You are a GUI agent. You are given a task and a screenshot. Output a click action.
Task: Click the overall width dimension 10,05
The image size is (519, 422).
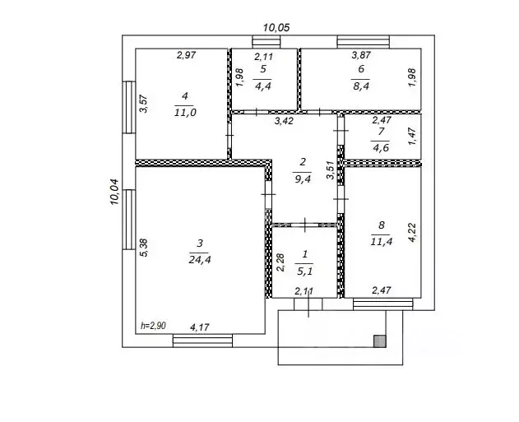coord(276,28)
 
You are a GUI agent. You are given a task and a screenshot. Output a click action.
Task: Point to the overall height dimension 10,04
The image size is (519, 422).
coord(114,192)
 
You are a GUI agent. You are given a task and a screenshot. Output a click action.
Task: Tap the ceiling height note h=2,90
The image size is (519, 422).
coord(153,326)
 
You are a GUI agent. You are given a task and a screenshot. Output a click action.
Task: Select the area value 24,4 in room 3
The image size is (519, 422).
coord(200,260)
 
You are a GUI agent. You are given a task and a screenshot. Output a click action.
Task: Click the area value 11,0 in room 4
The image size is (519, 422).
coord(185,113)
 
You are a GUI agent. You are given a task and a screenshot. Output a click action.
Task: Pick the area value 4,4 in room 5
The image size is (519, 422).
coord(263,86)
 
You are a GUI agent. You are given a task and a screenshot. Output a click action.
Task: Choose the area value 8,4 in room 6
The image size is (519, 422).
coord(361,86)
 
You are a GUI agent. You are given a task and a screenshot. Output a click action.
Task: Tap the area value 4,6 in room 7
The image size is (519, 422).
coord(381,147)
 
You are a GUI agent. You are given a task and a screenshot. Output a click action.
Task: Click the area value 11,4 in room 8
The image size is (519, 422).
coord(382,242)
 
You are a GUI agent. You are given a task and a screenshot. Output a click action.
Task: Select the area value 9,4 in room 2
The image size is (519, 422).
coord(303,179)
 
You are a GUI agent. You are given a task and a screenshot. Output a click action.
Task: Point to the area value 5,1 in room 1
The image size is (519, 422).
coord(304,271)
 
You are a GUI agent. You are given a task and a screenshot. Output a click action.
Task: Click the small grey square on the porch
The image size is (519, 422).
coord(380,341)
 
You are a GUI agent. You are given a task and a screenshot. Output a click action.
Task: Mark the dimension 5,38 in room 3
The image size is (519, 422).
coord(144,248)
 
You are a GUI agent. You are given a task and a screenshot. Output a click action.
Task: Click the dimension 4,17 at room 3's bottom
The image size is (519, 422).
coord(200,327)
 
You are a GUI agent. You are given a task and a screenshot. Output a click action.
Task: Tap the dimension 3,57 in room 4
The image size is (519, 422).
coord(144,104)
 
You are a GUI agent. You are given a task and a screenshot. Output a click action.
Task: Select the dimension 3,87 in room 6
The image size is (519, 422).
coord(361,55)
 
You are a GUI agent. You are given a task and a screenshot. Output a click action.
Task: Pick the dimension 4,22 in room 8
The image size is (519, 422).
coord(412,233)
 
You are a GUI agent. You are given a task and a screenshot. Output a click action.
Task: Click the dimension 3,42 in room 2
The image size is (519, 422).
coord(284,121)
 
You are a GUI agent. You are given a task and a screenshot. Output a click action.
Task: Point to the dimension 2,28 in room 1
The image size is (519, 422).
coord(280,262)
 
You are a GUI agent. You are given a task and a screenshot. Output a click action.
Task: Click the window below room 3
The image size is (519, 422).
coord(202,341)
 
